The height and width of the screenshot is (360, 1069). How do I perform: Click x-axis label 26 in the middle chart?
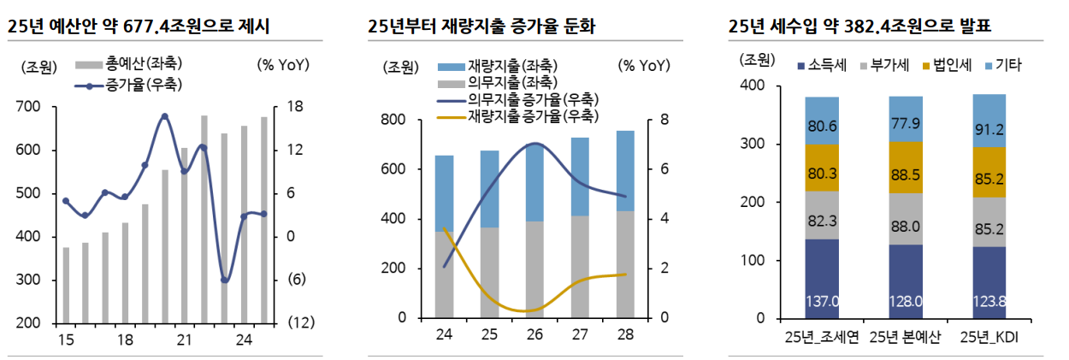534,334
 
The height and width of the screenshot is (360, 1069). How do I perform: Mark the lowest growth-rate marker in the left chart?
225,280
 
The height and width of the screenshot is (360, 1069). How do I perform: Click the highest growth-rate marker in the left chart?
164,116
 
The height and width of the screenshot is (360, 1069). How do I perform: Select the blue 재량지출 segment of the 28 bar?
625,171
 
